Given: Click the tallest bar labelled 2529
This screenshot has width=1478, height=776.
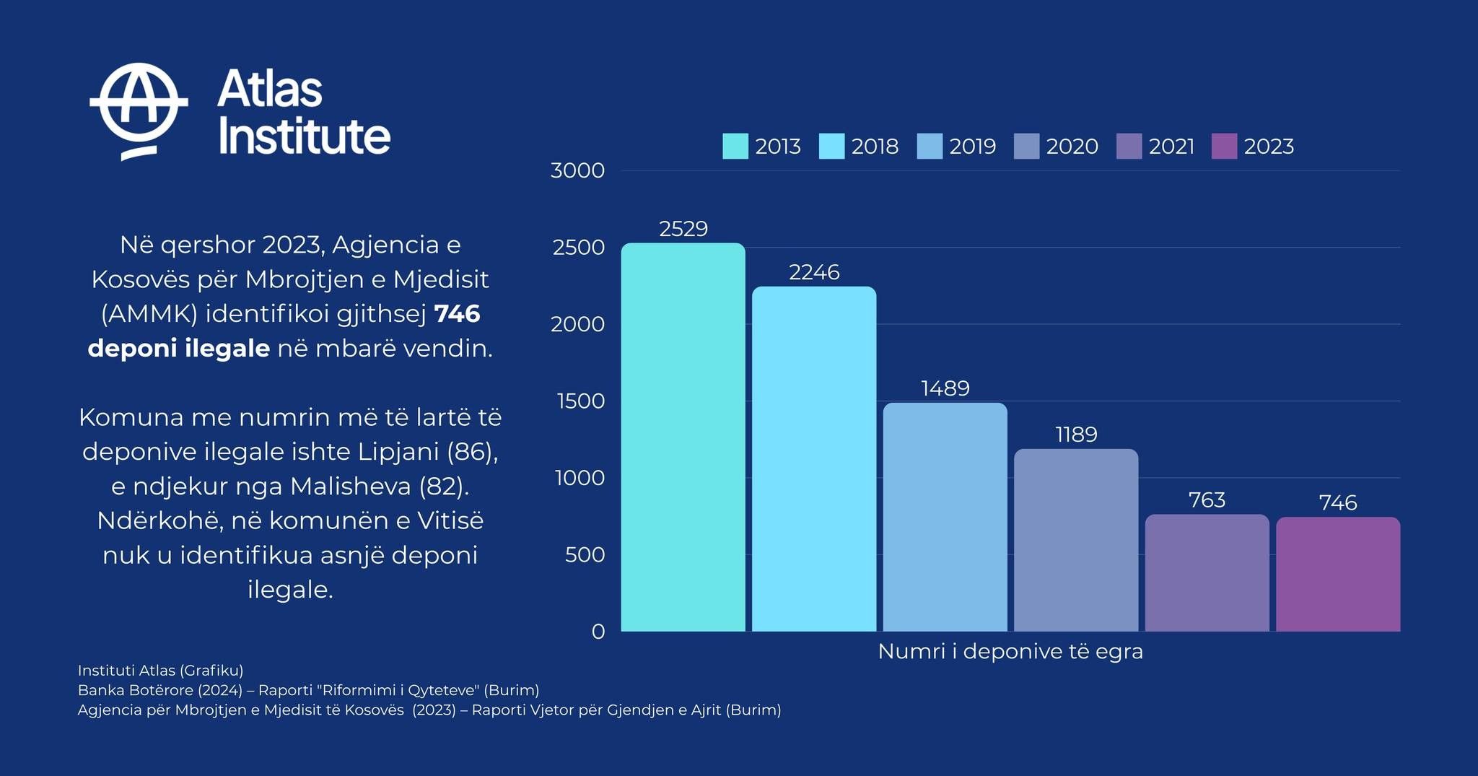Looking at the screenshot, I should (x=683, y=437).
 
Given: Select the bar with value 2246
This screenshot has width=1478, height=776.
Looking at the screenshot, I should (x=814, y=458).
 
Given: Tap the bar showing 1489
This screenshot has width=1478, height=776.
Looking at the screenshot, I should (x=945, y=517).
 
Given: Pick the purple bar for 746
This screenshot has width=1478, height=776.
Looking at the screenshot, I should (x=1338, y=574).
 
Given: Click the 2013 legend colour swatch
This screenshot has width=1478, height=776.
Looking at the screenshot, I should (x=735, y=147).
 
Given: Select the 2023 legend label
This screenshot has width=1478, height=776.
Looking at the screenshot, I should (x=1269, y=147).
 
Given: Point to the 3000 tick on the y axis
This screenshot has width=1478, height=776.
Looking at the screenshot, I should (x=577, y=170).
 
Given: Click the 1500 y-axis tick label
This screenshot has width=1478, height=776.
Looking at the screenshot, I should (x=581, y=401).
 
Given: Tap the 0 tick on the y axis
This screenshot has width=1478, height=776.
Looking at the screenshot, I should (x=598, y=632).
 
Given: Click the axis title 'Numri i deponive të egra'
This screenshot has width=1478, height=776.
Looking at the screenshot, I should (x=1010, y=651).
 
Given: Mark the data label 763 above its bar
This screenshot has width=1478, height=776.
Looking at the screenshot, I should (x=1207, y=500).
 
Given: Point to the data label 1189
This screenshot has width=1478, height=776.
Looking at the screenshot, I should (x=1076, y=434).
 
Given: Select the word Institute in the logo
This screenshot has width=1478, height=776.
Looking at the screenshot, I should (x=304, y=136).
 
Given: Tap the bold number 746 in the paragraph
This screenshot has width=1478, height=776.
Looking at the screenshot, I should (x=457, y=313).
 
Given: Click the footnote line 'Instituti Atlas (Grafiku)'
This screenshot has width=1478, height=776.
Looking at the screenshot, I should (x=160, y=670).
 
